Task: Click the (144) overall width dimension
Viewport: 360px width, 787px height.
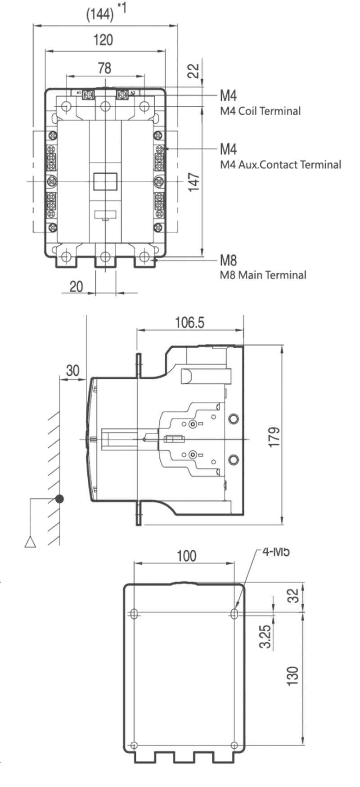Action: point(100,15)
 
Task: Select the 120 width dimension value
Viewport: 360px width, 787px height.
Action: point(103,40)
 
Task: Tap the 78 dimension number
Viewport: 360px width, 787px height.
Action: point(104,68)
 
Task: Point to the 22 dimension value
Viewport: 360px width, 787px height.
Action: point(193,70)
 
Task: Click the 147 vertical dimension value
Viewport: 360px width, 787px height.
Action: point(194,182)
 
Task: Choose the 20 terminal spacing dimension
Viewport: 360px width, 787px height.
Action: point(76,286)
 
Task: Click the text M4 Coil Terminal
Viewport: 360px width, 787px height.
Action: point(260,111)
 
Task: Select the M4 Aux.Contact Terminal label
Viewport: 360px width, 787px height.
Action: point(280,165)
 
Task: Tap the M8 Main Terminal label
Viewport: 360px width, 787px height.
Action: point(263,275)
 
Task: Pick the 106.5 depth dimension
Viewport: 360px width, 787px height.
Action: point(189,322)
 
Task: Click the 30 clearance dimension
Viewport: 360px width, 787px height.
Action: point(72,371)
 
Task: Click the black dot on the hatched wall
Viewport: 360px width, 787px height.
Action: point(59,499)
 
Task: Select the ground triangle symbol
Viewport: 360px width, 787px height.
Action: point(30,542)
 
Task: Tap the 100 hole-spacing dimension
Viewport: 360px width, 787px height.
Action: point(186,556)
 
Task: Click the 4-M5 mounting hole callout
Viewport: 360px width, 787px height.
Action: point(275,552)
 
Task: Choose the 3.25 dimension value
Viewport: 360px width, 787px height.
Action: point(266,636)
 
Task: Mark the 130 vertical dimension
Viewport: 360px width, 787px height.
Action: point(293,676)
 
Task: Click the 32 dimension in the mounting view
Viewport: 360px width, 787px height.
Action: point(293,595)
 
